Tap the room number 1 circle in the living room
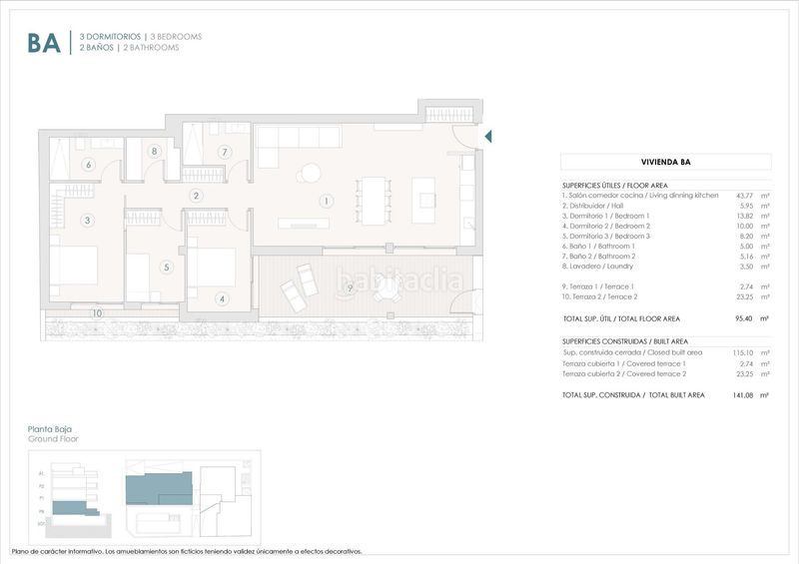tap(325, 201)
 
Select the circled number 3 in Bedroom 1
tap(88, 220)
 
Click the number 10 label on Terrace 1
tap(97, 313)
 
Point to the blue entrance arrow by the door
tap(488, 136)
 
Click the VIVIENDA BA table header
tap(665, 162)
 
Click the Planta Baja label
tap(50, 429)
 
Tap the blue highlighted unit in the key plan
tap(158, 487)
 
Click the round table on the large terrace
tap(386, 287)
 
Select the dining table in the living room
tap(374, 201)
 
